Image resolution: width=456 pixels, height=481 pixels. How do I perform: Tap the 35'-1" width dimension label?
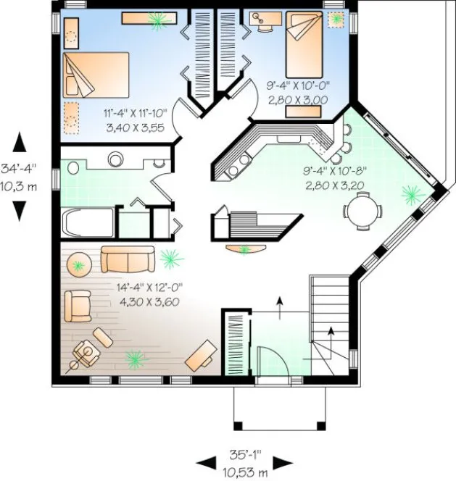pyautogui.click(x=246, y=457)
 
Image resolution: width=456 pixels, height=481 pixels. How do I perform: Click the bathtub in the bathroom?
pyautogui.click(x=86, y=222)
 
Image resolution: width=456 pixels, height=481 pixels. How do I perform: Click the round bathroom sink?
pyautogui.click(x=115, y=159)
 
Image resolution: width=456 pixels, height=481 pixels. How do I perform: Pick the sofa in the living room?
pyautogui.click(x=128, y=258)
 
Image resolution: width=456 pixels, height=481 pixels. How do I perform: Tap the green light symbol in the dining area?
pyautogui.click(x=411, y=193)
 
